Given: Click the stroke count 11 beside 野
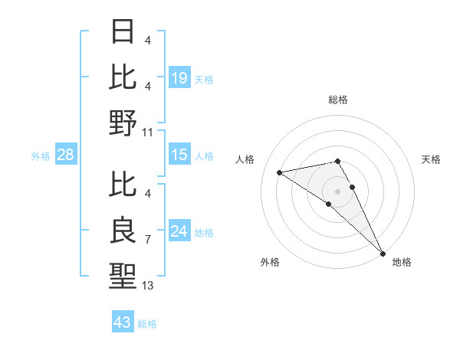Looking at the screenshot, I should point(148,133).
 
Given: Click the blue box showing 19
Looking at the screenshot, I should point(179,77).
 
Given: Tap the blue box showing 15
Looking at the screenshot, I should point(179,155).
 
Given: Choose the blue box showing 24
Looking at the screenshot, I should point(179,231).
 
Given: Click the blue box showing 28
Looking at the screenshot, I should point(66,155).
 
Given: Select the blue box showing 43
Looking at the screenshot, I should point(122,322).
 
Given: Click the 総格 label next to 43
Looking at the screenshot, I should point(147,324).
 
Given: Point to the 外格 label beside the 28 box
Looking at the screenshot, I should point(41,156).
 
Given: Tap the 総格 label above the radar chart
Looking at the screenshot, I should point(337,100).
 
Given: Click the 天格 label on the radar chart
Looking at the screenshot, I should point(431,159).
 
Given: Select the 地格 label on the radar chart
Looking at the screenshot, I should point(402,262).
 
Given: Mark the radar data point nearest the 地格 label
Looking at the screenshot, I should point(383,254).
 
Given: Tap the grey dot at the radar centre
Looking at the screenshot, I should point(337,191).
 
